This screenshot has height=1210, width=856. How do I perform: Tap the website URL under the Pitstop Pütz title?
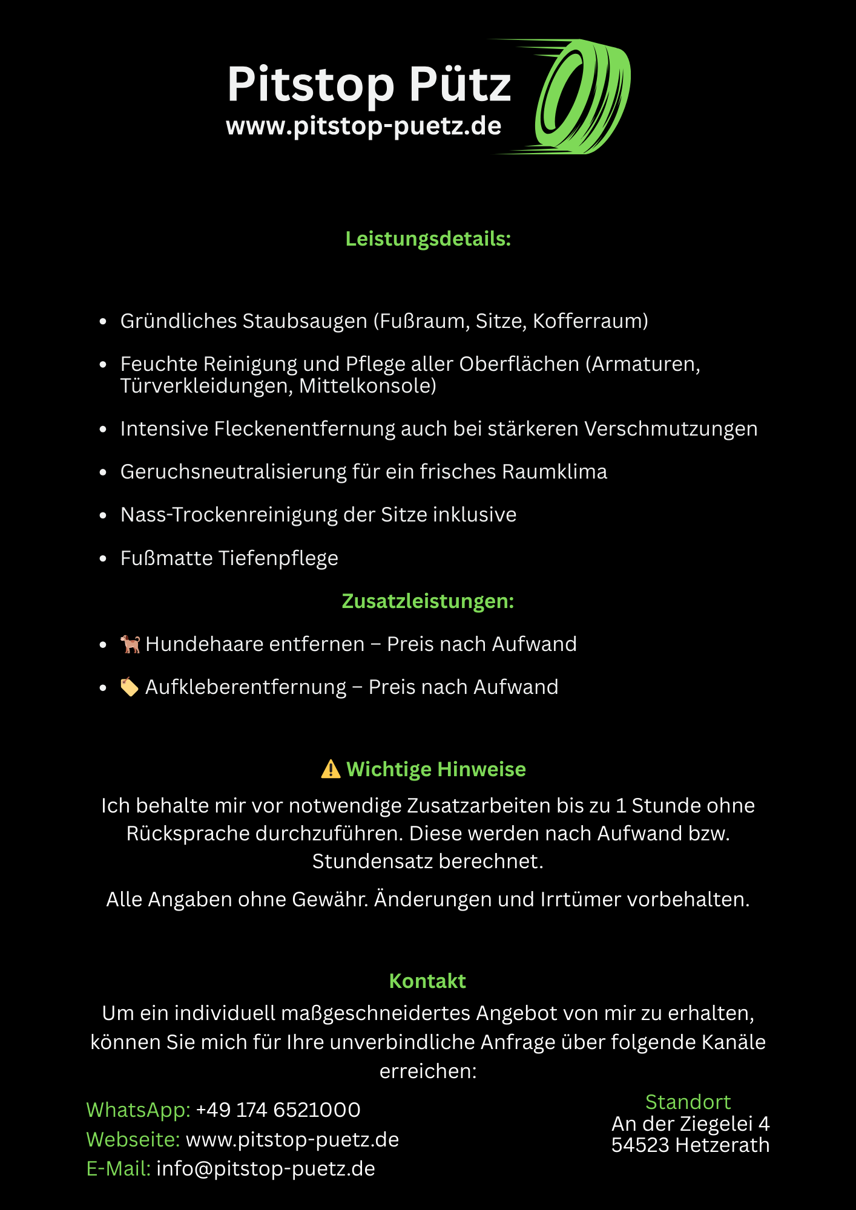(x=363, y=126)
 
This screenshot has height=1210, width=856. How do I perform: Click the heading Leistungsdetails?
(x=428, y=239)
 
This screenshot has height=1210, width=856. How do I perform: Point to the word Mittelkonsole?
(x=367, y=386)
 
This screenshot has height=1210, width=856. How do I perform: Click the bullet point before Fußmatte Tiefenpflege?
(x=103, y=558)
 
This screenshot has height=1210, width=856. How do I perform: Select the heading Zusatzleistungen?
(x=428, y=601)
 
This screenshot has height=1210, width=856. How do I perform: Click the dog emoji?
(x=130, y=644)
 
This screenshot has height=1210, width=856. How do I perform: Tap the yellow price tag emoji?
(x=129, y=687)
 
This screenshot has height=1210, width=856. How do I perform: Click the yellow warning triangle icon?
(x=331, y=769)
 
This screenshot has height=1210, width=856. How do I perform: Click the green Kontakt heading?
(x=427, y=981)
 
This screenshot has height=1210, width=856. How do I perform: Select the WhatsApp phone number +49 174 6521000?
(x=278, y=1110)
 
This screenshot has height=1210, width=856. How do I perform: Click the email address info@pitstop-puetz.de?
(x=266, y=1169)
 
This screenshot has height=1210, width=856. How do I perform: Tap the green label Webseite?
(x=133, y=1140)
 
